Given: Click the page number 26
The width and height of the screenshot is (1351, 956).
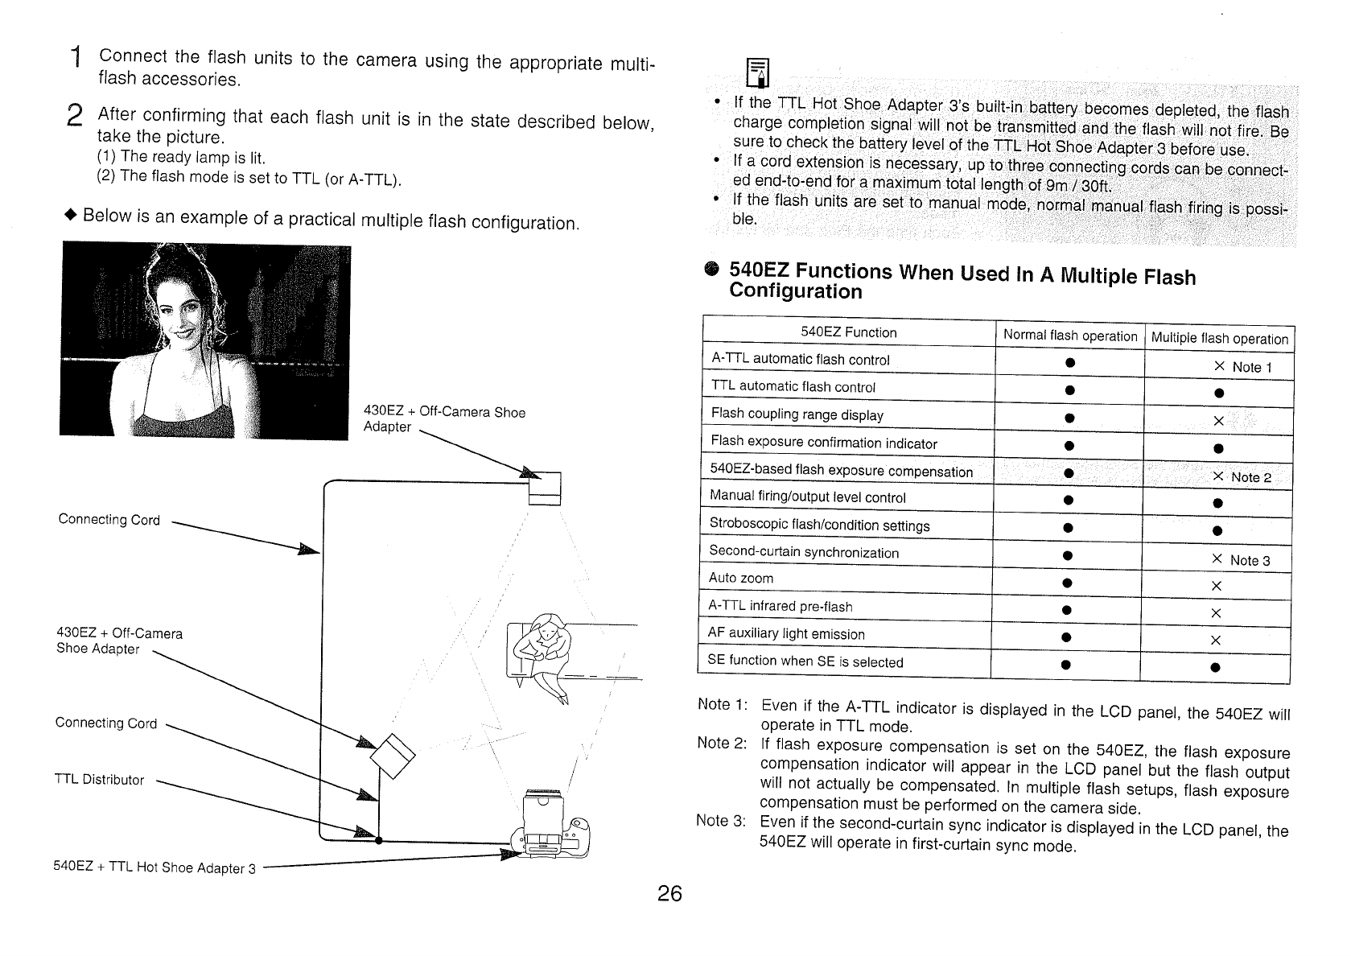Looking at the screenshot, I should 669,893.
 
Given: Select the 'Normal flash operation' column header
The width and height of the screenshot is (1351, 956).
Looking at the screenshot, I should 1069,336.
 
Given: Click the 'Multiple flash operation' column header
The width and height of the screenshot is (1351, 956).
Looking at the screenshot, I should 1219,338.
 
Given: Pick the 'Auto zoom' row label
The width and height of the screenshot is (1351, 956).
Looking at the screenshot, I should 740,578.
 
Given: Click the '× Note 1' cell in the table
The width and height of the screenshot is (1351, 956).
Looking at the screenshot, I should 1242,367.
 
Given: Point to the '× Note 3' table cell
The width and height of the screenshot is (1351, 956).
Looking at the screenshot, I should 1241,560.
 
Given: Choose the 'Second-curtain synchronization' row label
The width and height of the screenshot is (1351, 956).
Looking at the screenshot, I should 803,552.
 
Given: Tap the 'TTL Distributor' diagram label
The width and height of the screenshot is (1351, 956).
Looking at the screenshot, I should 99,779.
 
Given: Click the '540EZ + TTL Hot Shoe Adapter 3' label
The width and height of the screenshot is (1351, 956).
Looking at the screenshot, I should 154,867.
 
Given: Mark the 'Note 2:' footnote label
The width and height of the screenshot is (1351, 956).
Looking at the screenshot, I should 722,742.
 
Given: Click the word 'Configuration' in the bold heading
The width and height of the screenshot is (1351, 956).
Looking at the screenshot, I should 795,291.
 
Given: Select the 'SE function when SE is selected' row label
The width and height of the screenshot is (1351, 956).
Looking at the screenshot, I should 805,661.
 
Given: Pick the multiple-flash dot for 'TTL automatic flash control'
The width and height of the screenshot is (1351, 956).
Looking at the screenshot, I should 1219,394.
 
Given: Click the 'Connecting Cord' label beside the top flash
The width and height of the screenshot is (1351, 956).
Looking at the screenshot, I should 109,519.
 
